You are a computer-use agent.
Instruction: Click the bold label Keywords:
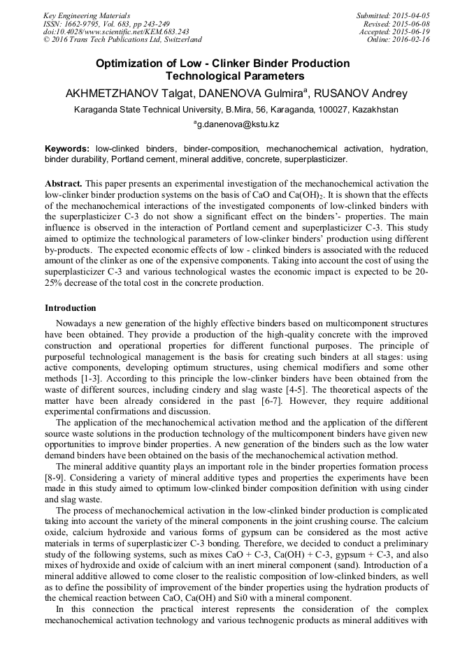[x=67, y=149]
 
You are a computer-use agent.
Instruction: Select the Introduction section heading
[x=71, y=308]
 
